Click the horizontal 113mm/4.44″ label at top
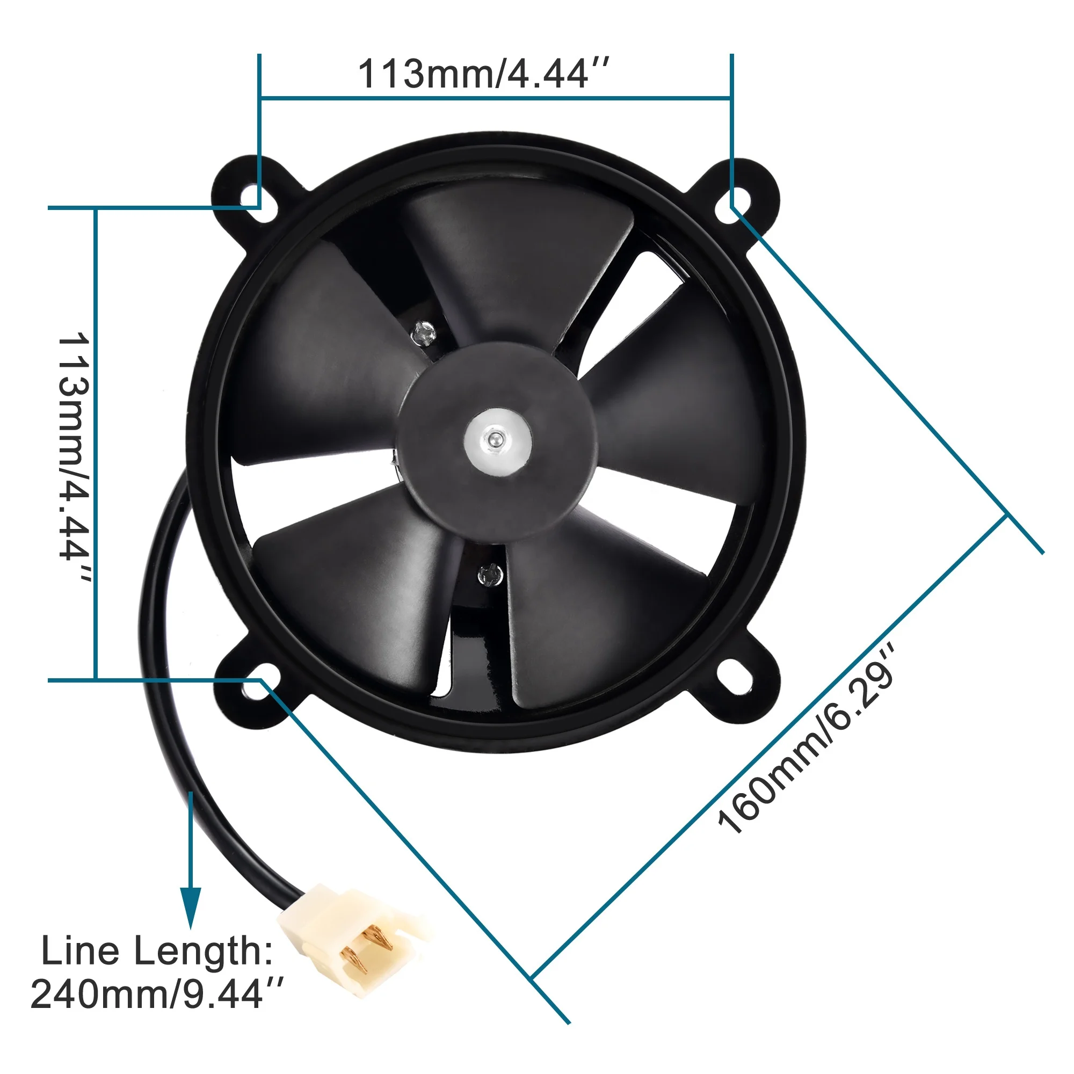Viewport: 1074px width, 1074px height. tap(483, 74)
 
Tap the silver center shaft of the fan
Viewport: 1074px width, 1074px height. tap(496, 441)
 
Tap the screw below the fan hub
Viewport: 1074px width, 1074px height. tap(490, 574)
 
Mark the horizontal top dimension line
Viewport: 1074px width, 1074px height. tap(495, 98)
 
